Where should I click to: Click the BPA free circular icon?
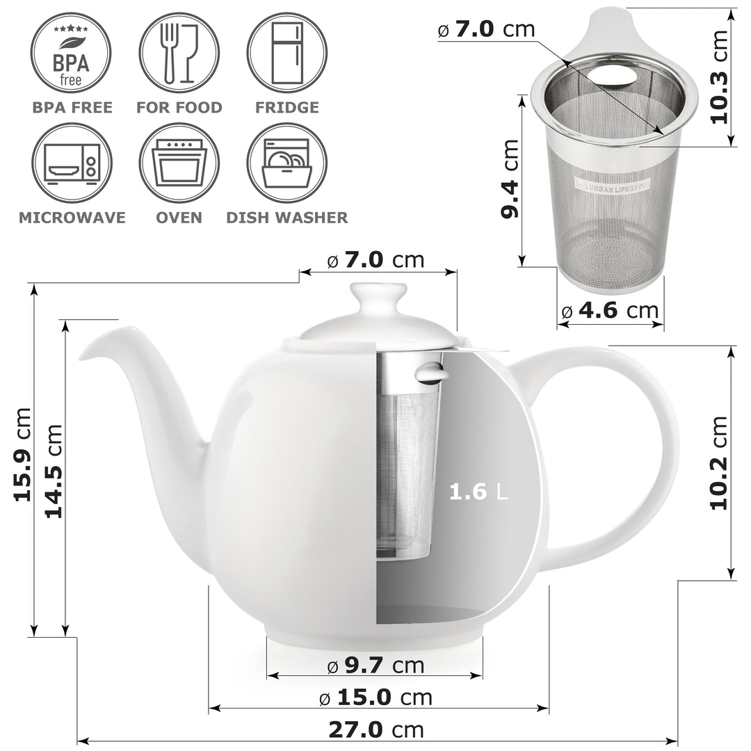point(71,53)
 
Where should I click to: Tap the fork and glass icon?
point(179,53)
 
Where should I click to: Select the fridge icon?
point(286,53)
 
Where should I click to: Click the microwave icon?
point(71,163)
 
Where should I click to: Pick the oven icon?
point(179,163)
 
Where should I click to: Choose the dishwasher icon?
point(286,163)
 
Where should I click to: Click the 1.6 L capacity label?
point(478,492)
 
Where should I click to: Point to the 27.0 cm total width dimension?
point(375,729)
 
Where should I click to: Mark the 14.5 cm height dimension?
point(54,471)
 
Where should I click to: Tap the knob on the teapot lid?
point(379,298)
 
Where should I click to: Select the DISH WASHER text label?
point(286,218)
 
